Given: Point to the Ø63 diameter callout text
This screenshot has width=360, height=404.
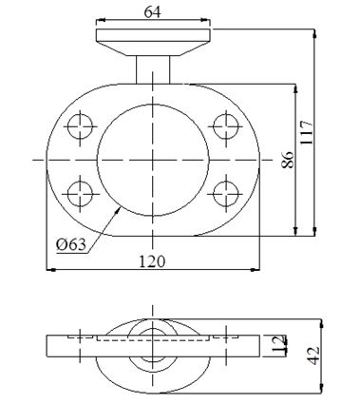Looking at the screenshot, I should point(71,244).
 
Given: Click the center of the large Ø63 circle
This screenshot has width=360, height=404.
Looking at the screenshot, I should point(152,159).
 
